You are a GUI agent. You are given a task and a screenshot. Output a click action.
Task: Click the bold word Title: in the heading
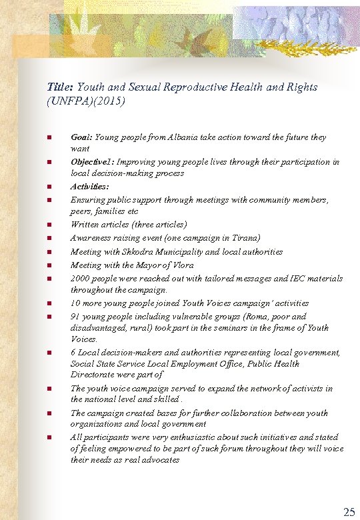[x=61, y=87]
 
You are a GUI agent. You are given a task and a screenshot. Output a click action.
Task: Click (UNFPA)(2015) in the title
[x=86, y=102]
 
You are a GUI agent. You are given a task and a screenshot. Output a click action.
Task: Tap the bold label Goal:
[x=81, y=137]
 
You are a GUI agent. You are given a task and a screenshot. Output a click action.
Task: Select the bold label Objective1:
[x=93, y=162]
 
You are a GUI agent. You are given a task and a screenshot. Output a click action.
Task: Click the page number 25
[x=349, y=512]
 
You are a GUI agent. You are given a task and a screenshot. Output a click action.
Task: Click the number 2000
[x=81, y=278]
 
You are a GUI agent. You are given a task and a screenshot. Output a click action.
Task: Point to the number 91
[x=75, y=317]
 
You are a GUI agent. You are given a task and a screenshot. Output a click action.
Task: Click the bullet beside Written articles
[x=49, y=225]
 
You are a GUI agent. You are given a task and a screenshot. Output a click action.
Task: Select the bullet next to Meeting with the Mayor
[x=49, y=265]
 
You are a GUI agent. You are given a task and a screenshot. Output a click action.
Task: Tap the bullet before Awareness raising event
[x=49, y=238]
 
